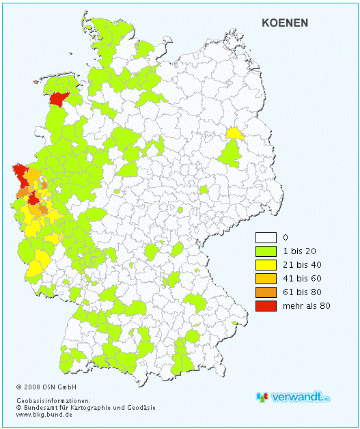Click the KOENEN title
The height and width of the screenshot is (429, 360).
285,23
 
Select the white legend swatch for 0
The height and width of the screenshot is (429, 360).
266,238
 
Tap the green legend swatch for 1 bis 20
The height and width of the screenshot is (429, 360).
266,251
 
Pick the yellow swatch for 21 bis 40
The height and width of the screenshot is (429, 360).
266,264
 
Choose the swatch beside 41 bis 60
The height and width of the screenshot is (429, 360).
266,278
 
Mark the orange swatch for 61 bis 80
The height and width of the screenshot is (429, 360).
266,292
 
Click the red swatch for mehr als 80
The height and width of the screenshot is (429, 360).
266,305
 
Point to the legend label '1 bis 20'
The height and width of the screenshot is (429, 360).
299,251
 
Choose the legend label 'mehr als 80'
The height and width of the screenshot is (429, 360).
307,305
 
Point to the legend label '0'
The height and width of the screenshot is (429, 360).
286,238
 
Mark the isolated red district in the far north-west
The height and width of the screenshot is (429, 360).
60,100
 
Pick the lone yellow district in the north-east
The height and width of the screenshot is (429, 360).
234,133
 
